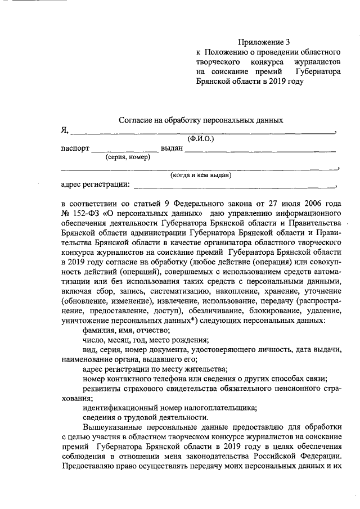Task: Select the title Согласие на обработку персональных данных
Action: click(201, 120)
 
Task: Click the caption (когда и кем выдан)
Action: click(201, 175)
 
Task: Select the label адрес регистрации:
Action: click(95, 184)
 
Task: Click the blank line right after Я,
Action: click(202, 132)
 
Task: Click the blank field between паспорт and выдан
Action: click(125, 151)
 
